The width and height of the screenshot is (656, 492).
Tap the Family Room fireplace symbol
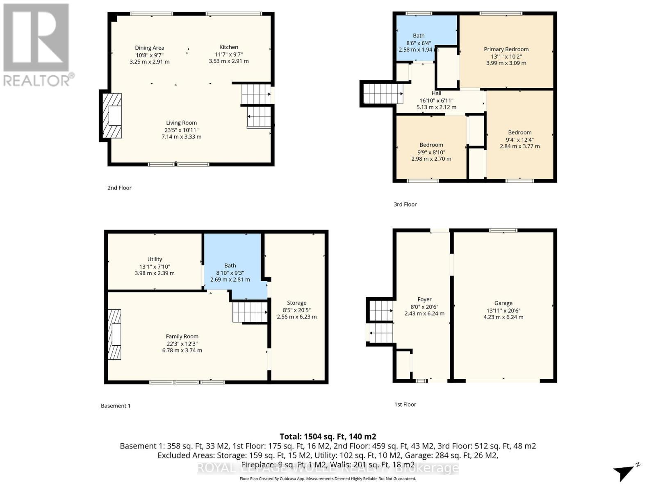tap(114, 335)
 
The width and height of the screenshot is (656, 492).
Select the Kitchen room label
tap(228, 47)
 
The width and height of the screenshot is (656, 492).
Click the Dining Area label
tap(149, 48)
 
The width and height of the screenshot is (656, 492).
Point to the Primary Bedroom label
tap(506, 49)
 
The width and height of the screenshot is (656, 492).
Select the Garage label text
tap(503, 303)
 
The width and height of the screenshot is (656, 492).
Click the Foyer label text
tap(424, 300)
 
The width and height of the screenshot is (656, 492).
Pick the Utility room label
tap(155, 259)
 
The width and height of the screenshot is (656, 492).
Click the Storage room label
tap(296, 303)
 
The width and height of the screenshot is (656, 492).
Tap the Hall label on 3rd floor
tap(436, 93)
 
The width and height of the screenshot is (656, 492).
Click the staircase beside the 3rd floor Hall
tap(383, 94)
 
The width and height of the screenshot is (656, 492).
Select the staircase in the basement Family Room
tap(250, 312)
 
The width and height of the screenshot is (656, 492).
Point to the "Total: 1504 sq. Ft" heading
tap(328, 437)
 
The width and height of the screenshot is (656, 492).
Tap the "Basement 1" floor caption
tap(116, 406)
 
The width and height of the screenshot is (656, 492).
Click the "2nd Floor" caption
tap(119, 188)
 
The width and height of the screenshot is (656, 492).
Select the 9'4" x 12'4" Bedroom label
tap(519, 132)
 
